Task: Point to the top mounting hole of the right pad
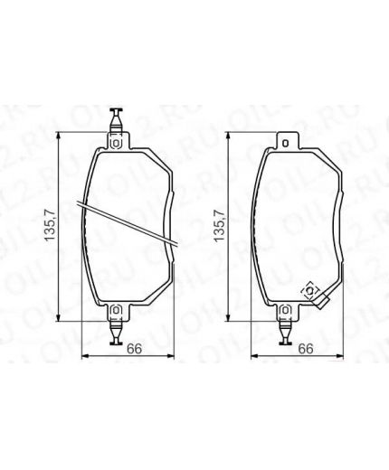click(285, 139)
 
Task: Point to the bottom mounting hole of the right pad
click(285, 315)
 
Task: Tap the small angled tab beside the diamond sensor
click(322, 302)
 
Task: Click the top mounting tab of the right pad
click(285, 140)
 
